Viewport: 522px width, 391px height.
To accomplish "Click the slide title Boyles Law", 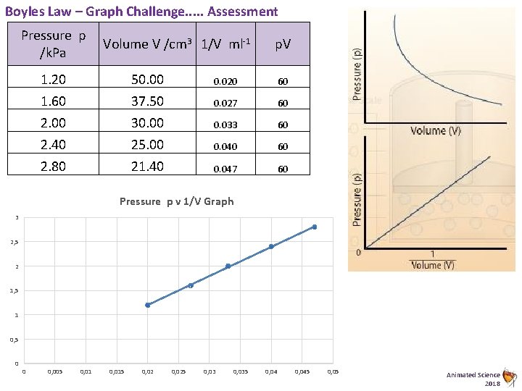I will pos(141,12).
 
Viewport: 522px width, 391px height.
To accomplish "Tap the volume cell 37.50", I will pos(146,101).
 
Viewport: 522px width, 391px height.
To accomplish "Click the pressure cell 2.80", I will pos(53,167).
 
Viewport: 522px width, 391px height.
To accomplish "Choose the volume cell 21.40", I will pos(146,167).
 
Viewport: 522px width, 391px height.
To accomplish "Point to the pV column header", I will pos(283,44).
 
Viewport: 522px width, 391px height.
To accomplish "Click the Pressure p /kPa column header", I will pos(53,43).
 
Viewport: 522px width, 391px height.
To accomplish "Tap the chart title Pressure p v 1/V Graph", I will pos(176,201).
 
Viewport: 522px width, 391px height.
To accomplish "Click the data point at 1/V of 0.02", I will pos(148,305).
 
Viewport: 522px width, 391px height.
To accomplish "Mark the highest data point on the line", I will pos(315,227).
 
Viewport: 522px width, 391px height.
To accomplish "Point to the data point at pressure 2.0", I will pos(228,266).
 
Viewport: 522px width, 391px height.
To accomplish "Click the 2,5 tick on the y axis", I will pos(15,243).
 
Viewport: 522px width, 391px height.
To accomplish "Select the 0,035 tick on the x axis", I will pos(240,372).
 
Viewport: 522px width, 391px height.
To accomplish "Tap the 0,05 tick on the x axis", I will pos(333,372).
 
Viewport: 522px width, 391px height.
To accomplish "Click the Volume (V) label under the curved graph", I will pos(436,130).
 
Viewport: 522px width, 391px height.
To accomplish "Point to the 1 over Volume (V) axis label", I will pos(433,260).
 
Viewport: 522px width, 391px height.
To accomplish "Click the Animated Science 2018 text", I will pos(473,379).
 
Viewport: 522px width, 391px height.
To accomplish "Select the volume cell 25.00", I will pos(146,146).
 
